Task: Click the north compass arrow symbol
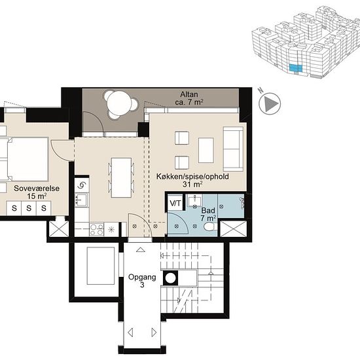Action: [x=270, y=103]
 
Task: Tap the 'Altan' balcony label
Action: [x=189, y=94]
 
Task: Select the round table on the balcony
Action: [x=119, y=103]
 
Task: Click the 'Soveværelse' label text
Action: [x=37, y=189]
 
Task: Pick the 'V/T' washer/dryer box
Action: [x=175, y=203]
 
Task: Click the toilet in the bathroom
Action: [x=210, y=226]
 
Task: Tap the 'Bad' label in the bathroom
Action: [x=208, y=210]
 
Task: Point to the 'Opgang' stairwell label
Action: [x=142, y=277]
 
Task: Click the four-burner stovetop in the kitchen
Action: [x=97, y=230]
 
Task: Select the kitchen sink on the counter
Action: [x=81, y=200]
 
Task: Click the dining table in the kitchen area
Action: [x=121, y=177]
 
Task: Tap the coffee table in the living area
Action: [x=206, y=150]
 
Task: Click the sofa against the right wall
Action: [x=233, y=149]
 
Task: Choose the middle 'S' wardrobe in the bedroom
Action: [x=29, y=208]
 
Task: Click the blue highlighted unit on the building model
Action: [x=295, y=68]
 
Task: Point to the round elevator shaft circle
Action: [x=171, y=278]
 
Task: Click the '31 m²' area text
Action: [x=192, y=184]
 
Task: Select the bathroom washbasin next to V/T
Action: [x=194, y=201]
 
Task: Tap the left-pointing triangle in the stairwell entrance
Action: [x=130, y=333]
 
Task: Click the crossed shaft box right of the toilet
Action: [x=233, y=228]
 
